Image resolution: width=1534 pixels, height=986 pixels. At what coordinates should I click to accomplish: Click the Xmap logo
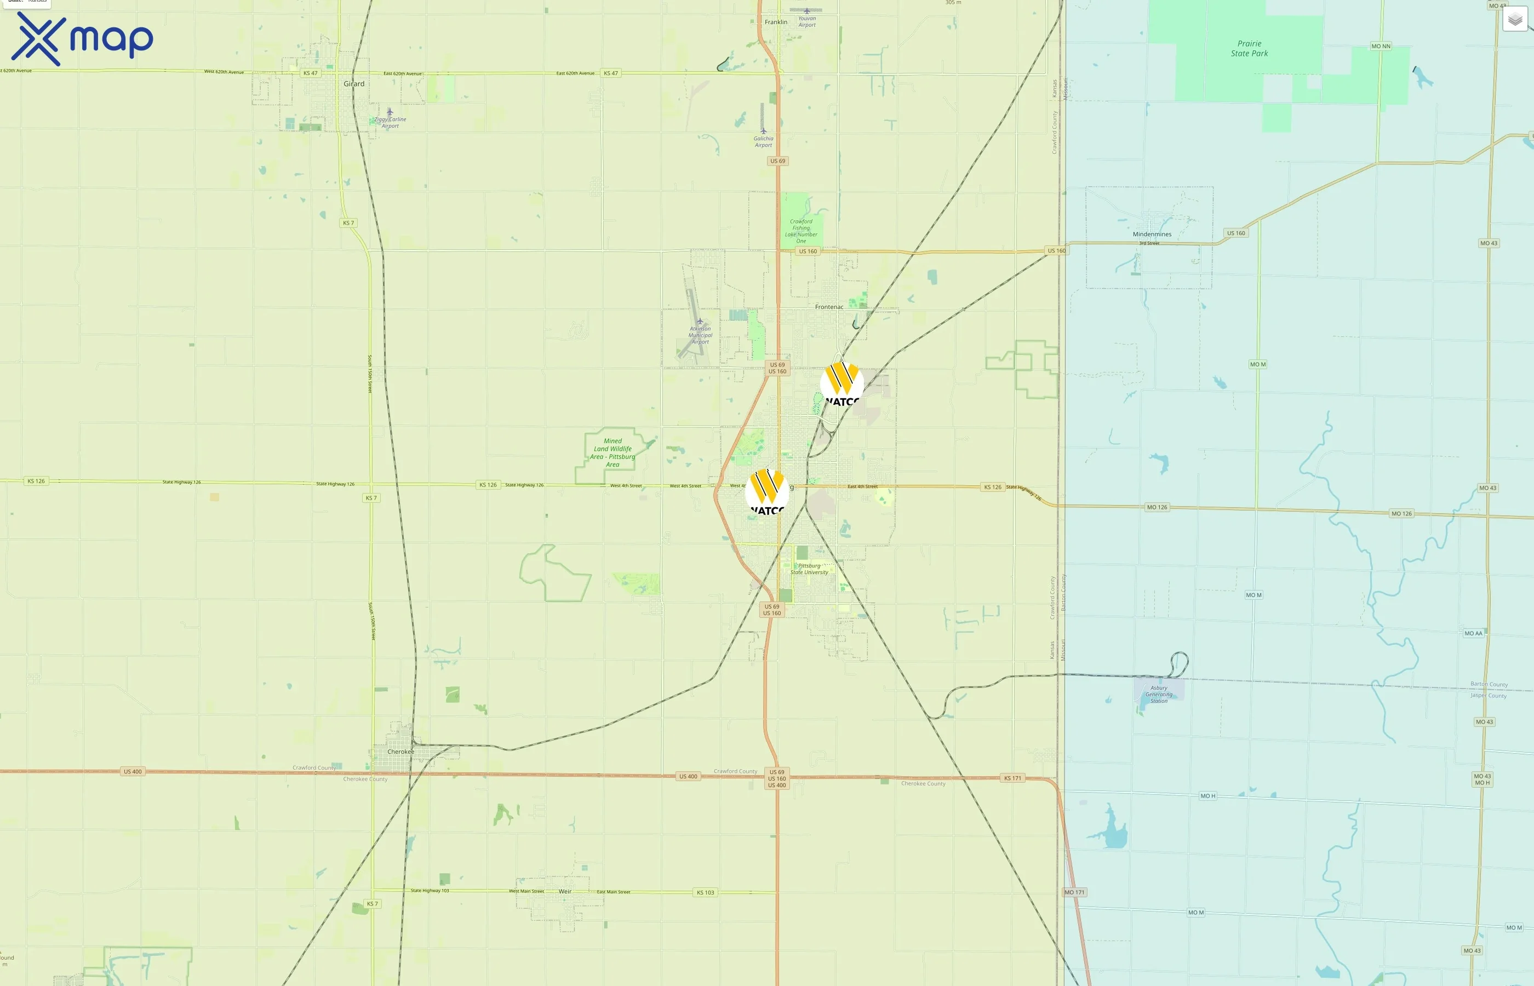tap(82, 39)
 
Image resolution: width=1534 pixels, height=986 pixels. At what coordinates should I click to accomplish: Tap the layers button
tap(1515, 19)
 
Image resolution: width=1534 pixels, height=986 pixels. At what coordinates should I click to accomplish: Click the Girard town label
tap(354, 84)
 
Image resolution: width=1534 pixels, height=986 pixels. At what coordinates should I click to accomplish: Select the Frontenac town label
tap(829, 307)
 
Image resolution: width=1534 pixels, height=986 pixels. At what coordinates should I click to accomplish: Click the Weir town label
tap(565, 891)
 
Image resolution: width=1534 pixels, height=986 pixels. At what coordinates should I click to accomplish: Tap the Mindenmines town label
tap(1152, 234)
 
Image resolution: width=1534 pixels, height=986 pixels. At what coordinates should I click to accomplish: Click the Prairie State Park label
tap(1249, 49)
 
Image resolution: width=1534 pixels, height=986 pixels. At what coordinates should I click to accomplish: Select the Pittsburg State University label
tap(809, 569)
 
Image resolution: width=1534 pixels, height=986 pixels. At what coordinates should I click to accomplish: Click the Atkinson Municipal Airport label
tap(700, 335)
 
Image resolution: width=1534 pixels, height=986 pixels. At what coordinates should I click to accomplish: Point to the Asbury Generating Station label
tap(1159, 694)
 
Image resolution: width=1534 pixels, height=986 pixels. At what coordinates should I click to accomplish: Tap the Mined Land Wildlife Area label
tap(613, 452)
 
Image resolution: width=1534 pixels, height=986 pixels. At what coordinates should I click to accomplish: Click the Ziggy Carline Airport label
tap(391, 122)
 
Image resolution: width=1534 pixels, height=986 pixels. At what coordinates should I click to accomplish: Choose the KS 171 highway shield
tap(1013, 778)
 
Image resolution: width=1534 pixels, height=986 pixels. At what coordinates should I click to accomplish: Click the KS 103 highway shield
tap(705, 892)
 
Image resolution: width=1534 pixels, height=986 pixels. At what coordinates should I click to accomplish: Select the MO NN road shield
tap(1381, 46)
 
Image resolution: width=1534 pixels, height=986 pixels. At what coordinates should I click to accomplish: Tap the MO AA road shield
tap(1473, 633)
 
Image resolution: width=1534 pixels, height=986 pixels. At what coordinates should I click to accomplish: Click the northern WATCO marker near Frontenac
tap(842, 383)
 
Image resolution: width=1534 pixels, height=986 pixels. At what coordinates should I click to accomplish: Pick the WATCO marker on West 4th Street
tap(767, 492)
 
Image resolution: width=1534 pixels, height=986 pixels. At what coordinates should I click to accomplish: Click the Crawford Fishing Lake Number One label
tap(801, 231)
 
